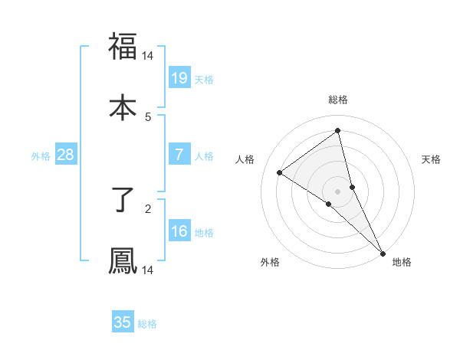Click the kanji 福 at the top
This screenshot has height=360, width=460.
point(123,46)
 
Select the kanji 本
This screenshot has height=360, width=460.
point(123,106)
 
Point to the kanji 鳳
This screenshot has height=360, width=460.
point(123,260)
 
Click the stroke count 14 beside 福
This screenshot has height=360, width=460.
point(148,56)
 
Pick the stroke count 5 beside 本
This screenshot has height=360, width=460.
point(148,116)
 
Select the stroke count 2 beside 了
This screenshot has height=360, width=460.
point(148,207)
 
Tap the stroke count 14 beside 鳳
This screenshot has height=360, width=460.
point(148,270)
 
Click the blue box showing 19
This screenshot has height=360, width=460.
point(179,77)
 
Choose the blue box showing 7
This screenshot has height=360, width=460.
point(179,155)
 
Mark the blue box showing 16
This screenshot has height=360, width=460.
point(179,231)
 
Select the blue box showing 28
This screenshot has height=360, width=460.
point(66,155)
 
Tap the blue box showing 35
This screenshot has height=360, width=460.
point(123,322)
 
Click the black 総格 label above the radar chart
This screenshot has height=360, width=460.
point(338,100)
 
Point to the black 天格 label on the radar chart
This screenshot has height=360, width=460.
point(432,159)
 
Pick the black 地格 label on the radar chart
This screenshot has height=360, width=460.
point(402,262)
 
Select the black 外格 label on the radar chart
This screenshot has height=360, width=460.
point(270,262)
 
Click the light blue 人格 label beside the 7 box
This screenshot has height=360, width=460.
point(204,156)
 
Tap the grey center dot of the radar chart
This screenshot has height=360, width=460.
point(338,191)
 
